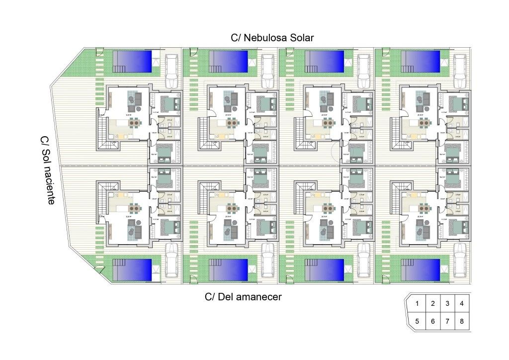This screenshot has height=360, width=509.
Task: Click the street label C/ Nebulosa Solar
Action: tap(272, 38)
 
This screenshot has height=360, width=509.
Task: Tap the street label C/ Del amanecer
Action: tap(243, 297)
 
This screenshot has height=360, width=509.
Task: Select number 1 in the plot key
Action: tap(418, 303)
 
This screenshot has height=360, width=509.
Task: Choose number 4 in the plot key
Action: tap(462, 303)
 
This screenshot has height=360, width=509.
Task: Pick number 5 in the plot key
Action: tap(418, 322)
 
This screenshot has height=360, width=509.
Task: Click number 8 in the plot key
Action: tap(462, 322)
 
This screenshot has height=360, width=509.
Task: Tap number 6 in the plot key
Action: tap(432, 322)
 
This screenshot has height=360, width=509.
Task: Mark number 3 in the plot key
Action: tap(447, 303)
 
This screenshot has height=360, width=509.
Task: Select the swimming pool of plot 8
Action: tap(421, 269)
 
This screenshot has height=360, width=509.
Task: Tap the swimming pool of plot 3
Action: tap(324, 61)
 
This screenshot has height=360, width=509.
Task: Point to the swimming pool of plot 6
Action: tap(229, 269)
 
